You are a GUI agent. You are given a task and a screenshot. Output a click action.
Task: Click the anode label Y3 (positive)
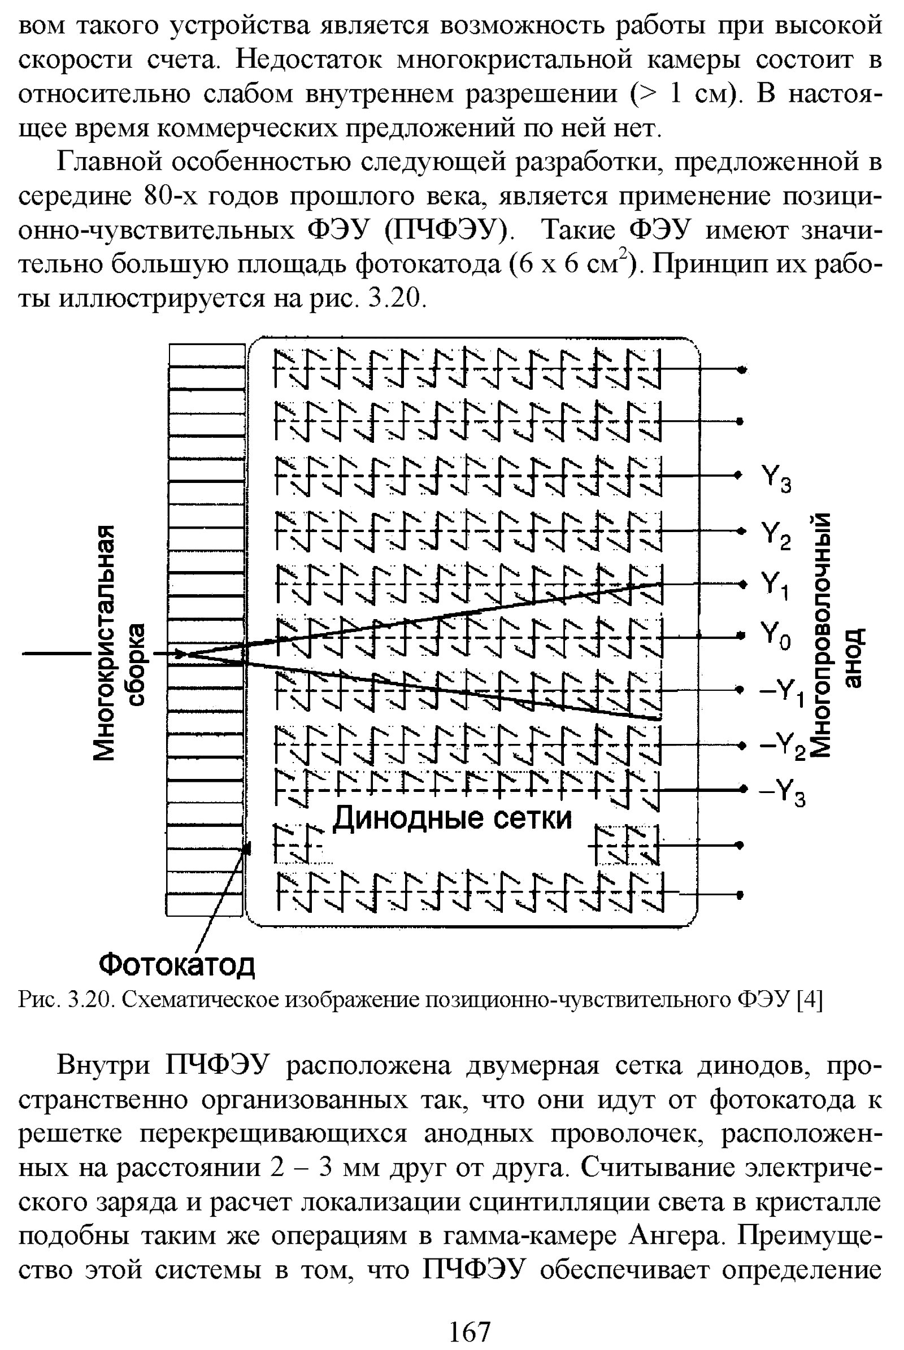click(776, 479)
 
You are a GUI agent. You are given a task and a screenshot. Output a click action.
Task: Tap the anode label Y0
click(776, 636)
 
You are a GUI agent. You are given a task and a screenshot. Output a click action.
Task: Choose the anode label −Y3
click(782, 792)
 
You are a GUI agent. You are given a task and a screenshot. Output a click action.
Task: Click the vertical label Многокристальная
click(108, 642)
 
